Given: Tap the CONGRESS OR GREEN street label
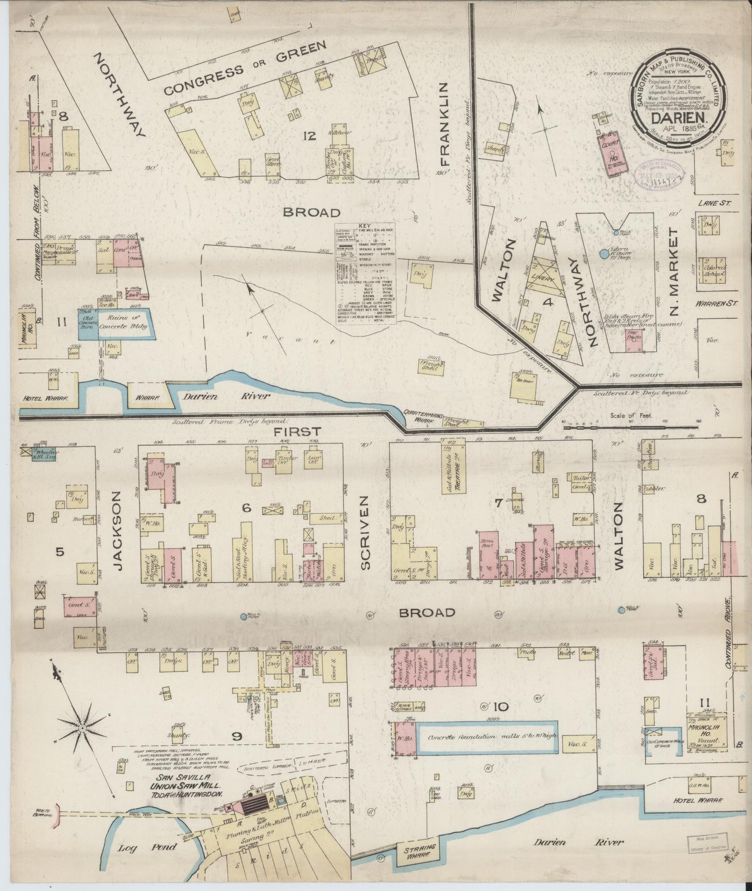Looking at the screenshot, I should [245, 69].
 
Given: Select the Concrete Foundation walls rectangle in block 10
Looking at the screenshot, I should [488, 737].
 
